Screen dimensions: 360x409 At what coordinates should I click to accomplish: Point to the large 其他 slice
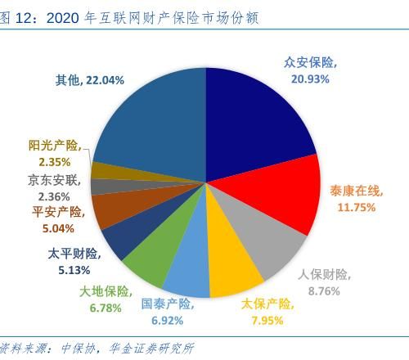click(x=155, y=123)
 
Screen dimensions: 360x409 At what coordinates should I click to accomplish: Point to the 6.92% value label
click(x=168, y=319)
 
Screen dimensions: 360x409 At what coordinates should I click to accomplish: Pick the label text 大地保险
click(x=103, y=292)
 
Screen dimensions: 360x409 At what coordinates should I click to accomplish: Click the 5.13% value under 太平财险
click(x=74, y=269)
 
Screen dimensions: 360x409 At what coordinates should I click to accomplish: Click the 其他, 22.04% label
click(x=90, y=79)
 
